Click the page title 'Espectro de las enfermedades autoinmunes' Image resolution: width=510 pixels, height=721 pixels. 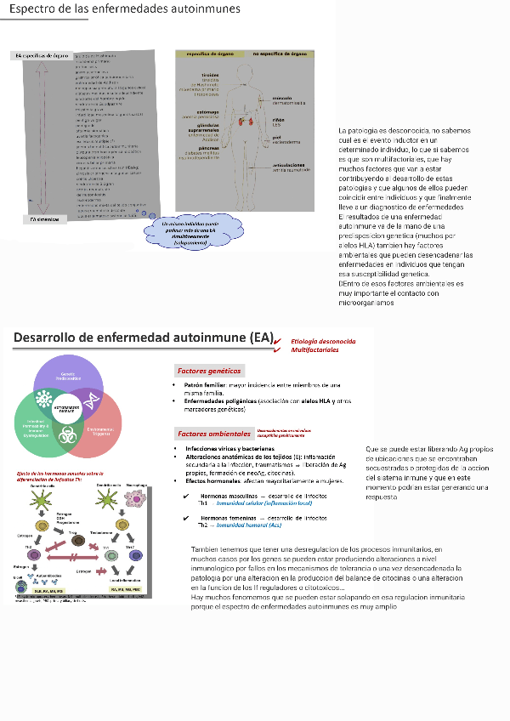(x=123, y=9)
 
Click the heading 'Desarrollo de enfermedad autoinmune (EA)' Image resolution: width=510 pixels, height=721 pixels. (x=144, y=338)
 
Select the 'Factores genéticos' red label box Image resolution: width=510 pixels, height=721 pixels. (x=209, y=371)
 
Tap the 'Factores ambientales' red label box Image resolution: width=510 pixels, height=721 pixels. (x=212, y=433)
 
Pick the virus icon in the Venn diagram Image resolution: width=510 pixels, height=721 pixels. (x=44, y=400)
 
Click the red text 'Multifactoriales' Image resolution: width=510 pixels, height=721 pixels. (x=314, y=349)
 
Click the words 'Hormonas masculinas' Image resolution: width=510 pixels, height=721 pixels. (x=229, y=496)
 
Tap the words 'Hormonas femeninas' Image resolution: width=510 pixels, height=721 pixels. (x=228, y=517)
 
